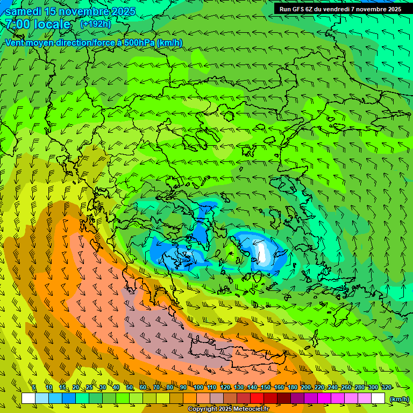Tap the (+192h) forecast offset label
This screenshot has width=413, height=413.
(x=95, y=24)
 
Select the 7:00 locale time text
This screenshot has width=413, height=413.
(x=38, y=24)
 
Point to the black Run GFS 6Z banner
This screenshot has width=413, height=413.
(x=340, y=9)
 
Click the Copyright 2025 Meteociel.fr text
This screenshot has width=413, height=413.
(x=228, y=409)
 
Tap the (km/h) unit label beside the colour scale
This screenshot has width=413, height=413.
(x=399, y=398)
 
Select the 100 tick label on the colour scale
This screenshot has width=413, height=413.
(x=198, y=387)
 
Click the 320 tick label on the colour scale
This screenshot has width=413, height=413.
(x=386, y=387)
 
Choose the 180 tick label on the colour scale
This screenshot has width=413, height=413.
(x=293, y=387)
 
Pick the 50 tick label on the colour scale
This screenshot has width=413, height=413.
(x=129, y=387)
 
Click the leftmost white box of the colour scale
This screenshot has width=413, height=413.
(x=29, y=398)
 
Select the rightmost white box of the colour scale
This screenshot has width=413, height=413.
(x=378, y=398)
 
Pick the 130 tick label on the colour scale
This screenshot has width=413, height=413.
(x=239, y=387)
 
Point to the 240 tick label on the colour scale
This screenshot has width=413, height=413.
(x=333, y=387)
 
